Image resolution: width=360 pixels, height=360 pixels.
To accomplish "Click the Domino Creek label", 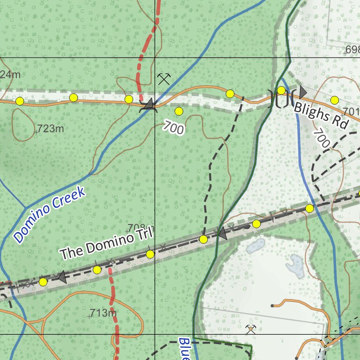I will point(50,215).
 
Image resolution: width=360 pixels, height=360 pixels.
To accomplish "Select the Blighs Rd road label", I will point(322,116).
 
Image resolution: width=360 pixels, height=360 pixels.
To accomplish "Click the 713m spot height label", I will point(103,313).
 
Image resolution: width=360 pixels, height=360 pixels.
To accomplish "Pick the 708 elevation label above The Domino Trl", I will point(136,228).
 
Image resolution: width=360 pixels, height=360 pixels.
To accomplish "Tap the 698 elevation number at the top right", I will point(352,50).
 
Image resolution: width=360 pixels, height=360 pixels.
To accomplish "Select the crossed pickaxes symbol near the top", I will point(163,79).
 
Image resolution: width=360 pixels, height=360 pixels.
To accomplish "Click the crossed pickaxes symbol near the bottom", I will point(251,330).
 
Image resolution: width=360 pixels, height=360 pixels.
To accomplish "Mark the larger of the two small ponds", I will point(296,265).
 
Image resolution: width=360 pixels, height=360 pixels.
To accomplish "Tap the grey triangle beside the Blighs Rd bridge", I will point(303,91).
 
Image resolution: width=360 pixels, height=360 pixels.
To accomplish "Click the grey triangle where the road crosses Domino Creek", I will point(149,104).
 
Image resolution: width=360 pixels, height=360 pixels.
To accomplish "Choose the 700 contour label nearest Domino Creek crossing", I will point(174,127).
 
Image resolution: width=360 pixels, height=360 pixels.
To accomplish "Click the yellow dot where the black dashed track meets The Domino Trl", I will point(203,240).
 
